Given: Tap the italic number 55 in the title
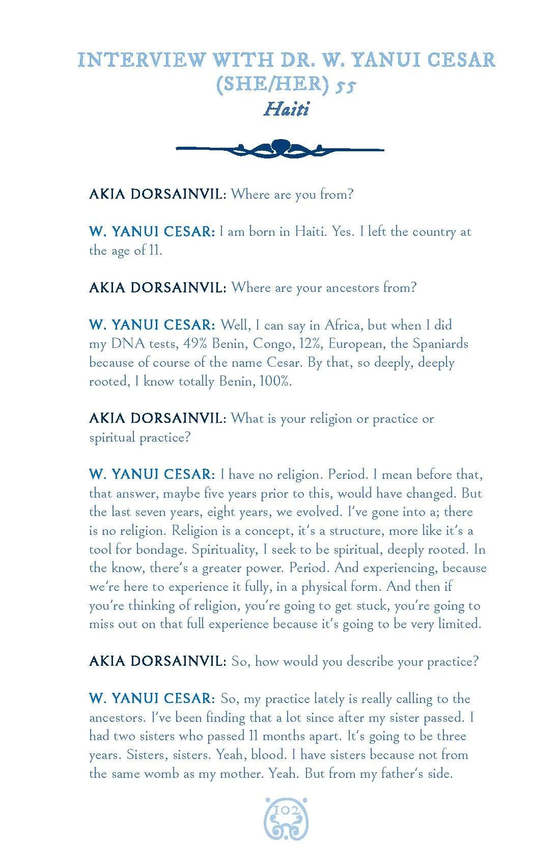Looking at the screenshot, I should click(x=345, y=86).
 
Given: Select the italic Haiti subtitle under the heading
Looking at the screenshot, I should click(x=286, y=110).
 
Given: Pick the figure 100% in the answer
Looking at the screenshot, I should click(x=275, y=382).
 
